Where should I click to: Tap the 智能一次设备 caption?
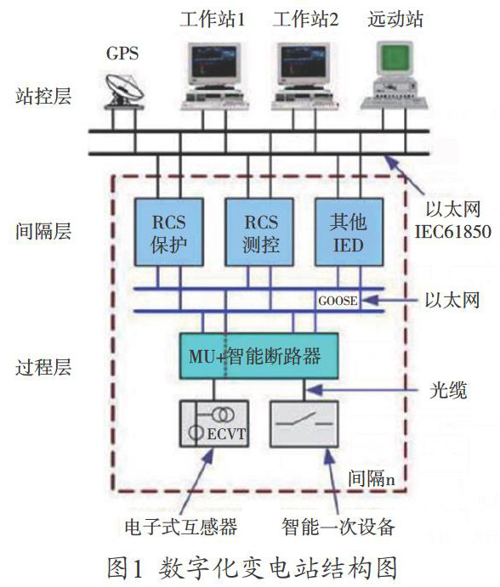338,528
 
